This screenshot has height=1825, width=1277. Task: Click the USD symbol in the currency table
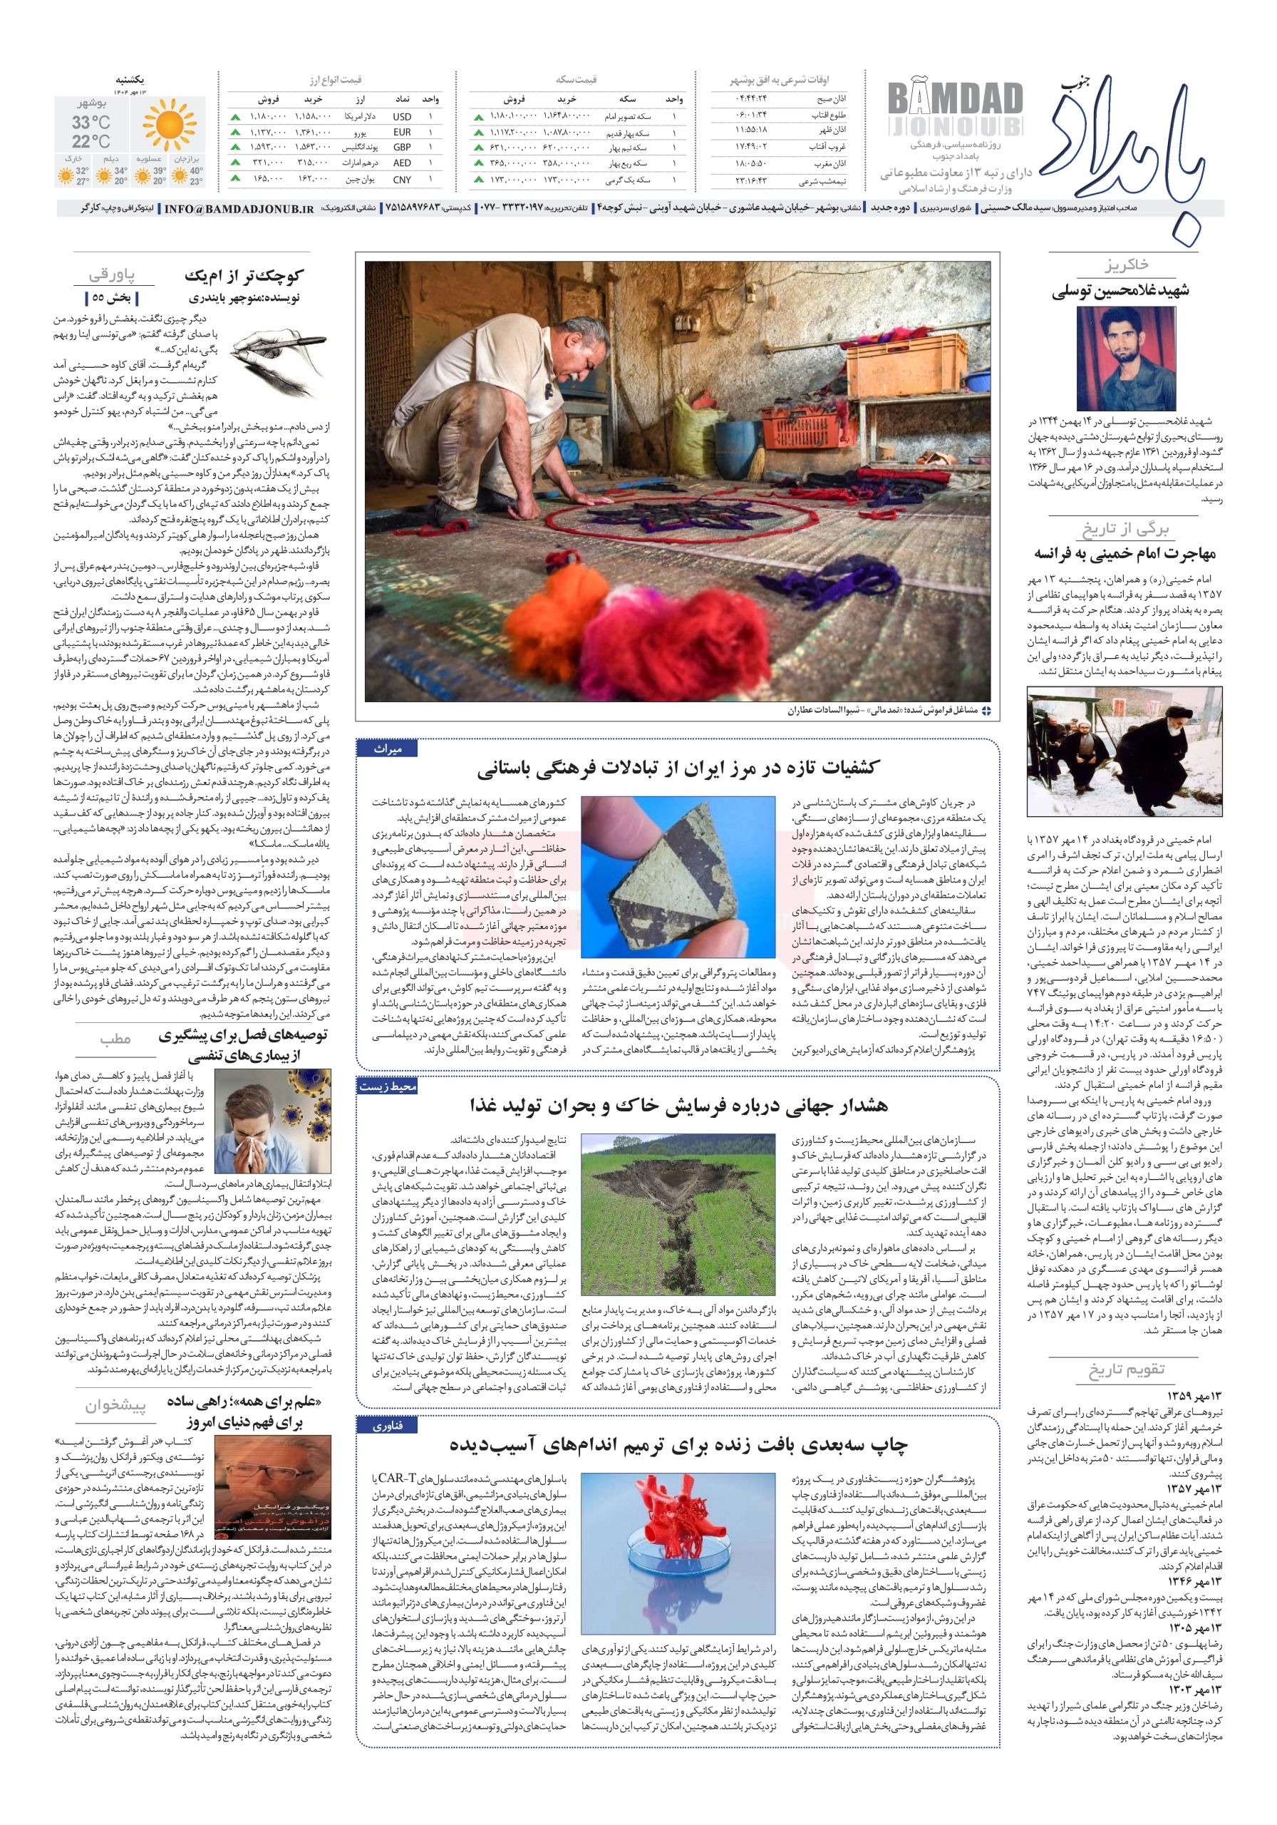pos(402,117)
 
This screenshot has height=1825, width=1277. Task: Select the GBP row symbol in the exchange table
pos(402,148)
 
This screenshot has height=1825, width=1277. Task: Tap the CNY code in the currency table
pos(402,180)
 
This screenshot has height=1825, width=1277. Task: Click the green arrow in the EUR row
pos(236,132)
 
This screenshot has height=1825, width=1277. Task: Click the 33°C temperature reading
pos(91,123)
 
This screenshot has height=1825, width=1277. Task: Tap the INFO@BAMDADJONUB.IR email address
pos(239,208)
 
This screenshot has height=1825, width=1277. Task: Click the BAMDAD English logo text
pos(954,99)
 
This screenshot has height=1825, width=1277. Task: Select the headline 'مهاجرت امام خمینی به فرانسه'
pos(1125,553)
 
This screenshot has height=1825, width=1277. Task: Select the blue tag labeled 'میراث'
pos(387,749)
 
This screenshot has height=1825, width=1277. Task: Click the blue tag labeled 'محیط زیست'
pos(387,1086)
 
